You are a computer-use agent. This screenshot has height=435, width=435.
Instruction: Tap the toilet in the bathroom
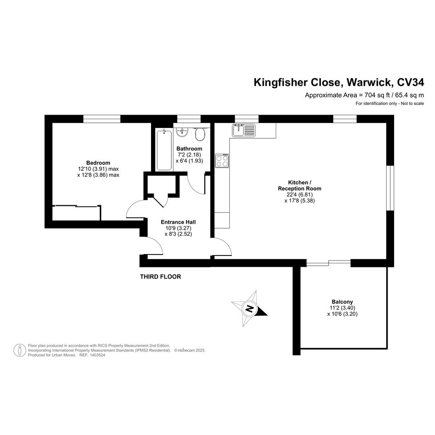point(200,134)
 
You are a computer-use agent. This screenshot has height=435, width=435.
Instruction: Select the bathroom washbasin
point(182,132)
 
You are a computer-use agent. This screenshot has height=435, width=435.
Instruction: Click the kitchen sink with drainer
point(244,130)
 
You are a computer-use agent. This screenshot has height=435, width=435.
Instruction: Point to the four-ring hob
point(222,161)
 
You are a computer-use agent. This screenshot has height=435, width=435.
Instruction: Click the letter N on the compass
point(249,308)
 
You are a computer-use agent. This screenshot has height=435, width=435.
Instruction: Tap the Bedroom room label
point(98,163)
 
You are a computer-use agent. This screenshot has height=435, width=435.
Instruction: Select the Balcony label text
point(342,302)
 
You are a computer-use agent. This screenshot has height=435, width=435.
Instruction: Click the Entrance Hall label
point(178,222)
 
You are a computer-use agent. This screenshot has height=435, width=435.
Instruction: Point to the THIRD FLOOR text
point(160,277)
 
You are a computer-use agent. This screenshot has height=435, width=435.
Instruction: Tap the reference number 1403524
point(97,355)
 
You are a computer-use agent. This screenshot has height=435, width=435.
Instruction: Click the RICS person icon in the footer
point(20,350)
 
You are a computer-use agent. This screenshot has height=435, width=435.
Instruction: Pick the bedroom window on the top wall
point(102,119)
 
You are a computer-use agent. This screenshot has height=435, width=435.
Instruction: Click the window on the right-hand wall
point(390,188)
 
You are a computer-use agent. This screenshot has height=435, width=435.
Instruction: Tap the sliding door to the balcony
point(329,263)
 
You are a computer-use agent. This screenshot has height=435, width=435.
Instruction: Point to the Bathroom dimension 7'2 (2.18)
point(190,155)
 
